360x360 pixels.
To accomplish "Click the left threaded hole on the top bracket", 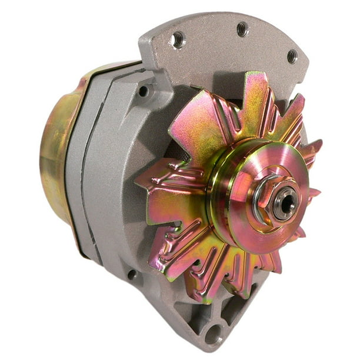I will point(176,40).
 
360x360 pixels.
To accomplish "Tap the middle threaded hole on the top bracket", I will point(242,29).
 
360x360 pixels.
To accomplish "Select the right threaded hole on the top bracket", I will point(292,56).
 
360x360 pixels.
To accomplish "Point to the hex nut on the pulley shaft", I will point(266,198).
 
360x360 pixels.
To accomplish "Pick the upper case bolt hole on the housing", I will point(143,91).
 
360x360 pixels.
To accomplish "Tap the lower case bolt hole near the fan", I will point(133,275).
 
